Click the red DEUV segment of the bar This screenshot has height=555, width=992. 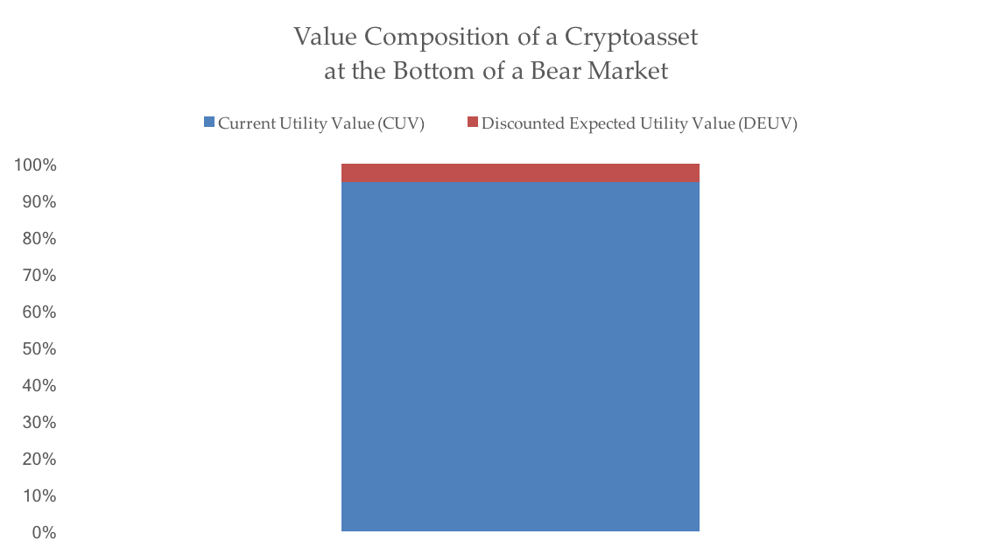pos(519,172)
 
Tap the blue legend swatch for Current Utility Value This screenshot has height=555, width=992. pos(208,123)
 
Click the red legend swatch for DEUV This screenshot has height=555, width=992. pos(472,123)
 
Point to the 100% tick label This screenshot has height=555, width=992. pos(35,165)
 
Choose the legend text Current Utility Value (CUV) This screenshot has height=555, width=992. pos(321,123)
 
